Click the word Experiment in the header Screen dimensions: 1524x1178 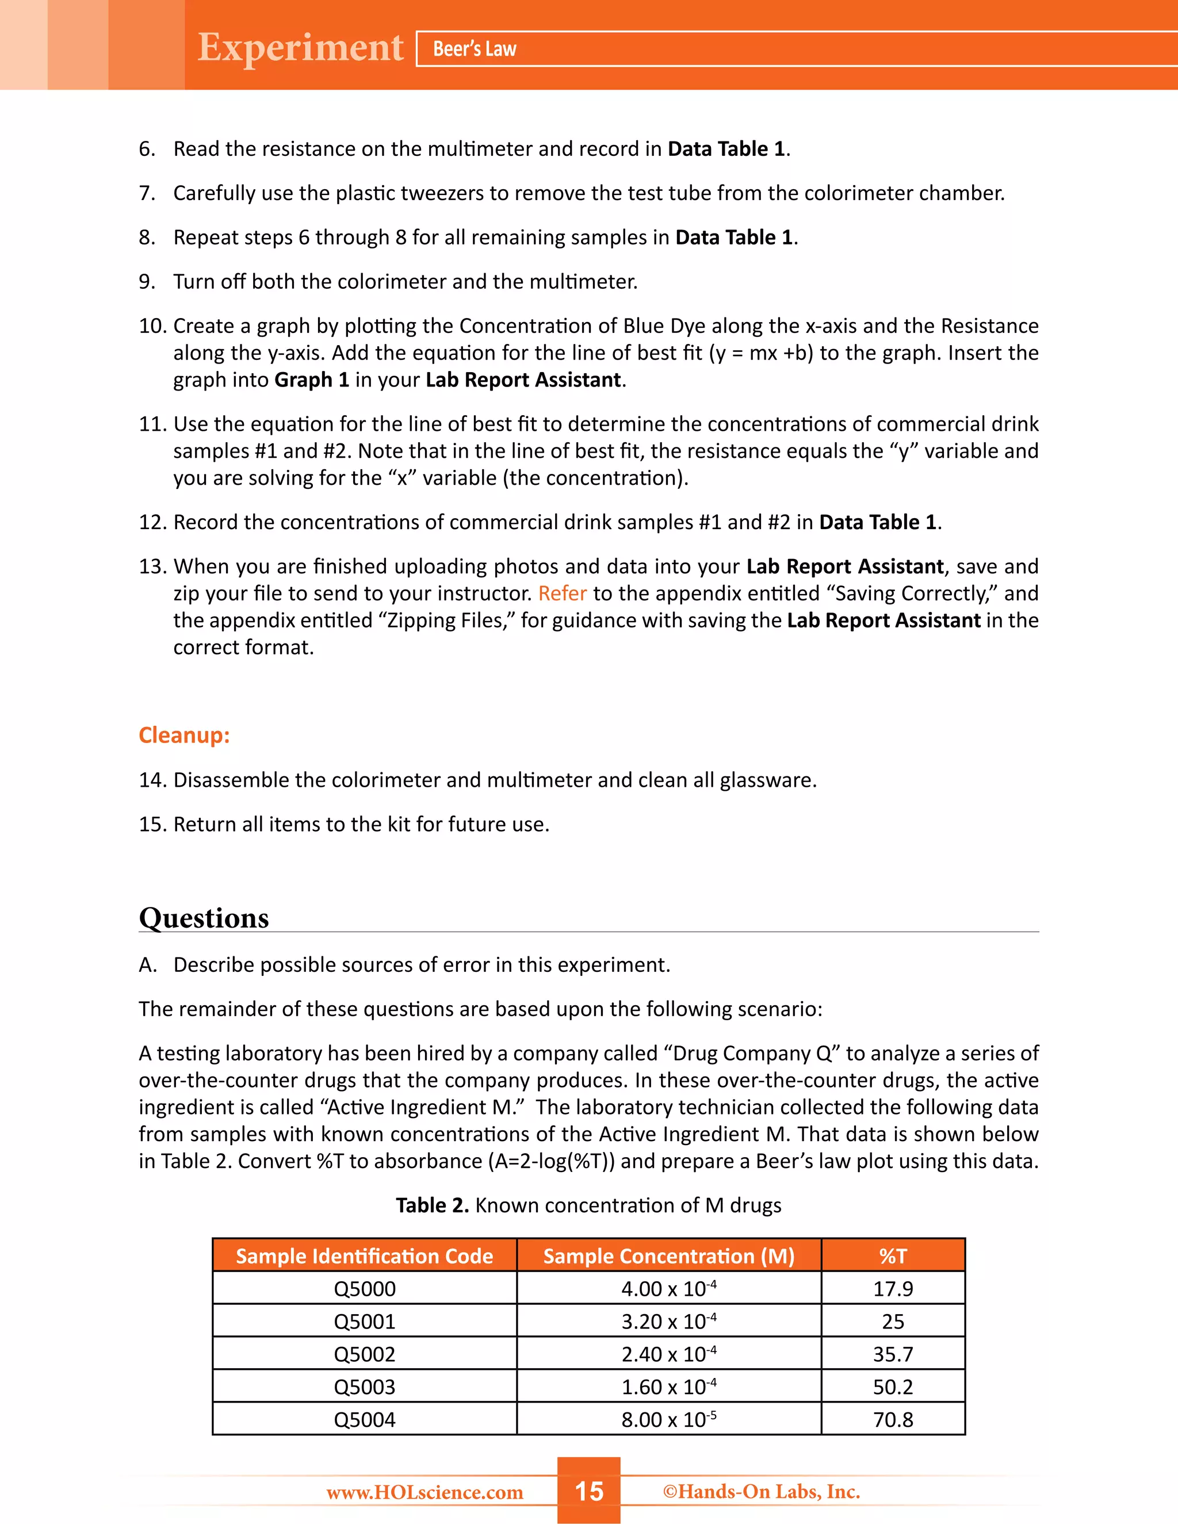coord(300,48)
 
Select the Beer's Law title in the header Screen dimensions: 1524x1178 coord(475,49)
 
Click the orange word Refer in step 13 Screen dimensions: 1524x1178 coord(563,593)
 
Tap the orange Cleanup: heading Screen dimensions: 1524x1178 coord(184,735)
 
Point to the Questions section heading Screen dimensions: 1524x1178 coord(204,918)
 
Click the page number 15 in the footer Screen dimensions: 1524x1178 coord(588,1491)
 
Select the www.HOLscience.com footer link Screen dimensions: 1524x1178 coord(424,1492)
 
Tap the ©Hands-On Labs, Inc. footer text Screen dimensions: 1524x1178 coord(762,1491)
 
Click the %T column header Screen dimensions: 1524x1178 coord(893,1256)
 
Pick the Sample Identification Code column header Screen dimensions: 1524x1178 coord(364,1256)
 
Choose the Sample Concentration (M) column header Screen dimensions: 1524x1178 coord(668,1256)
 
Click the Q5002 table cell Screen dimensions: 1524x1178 coord(364,1354)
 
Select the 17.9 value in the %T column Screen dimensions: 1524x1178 coord(893,1289)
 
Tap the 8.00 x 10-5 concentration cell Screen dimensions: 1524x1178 coord(668,1420)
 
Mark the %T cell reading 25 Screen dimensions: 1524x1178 coord(893,1322)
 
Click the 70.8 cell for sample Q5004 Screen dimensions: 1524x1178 coord(893,1420)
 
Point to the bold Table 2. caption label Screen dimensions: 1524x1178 coord(432,1205)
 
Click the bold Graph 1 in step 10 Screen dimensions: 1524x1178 coord(311,380)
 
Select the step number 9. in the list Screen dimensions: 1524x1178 coord(147,281)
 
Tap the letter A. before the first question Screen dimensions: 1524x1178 coord(147,964)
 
